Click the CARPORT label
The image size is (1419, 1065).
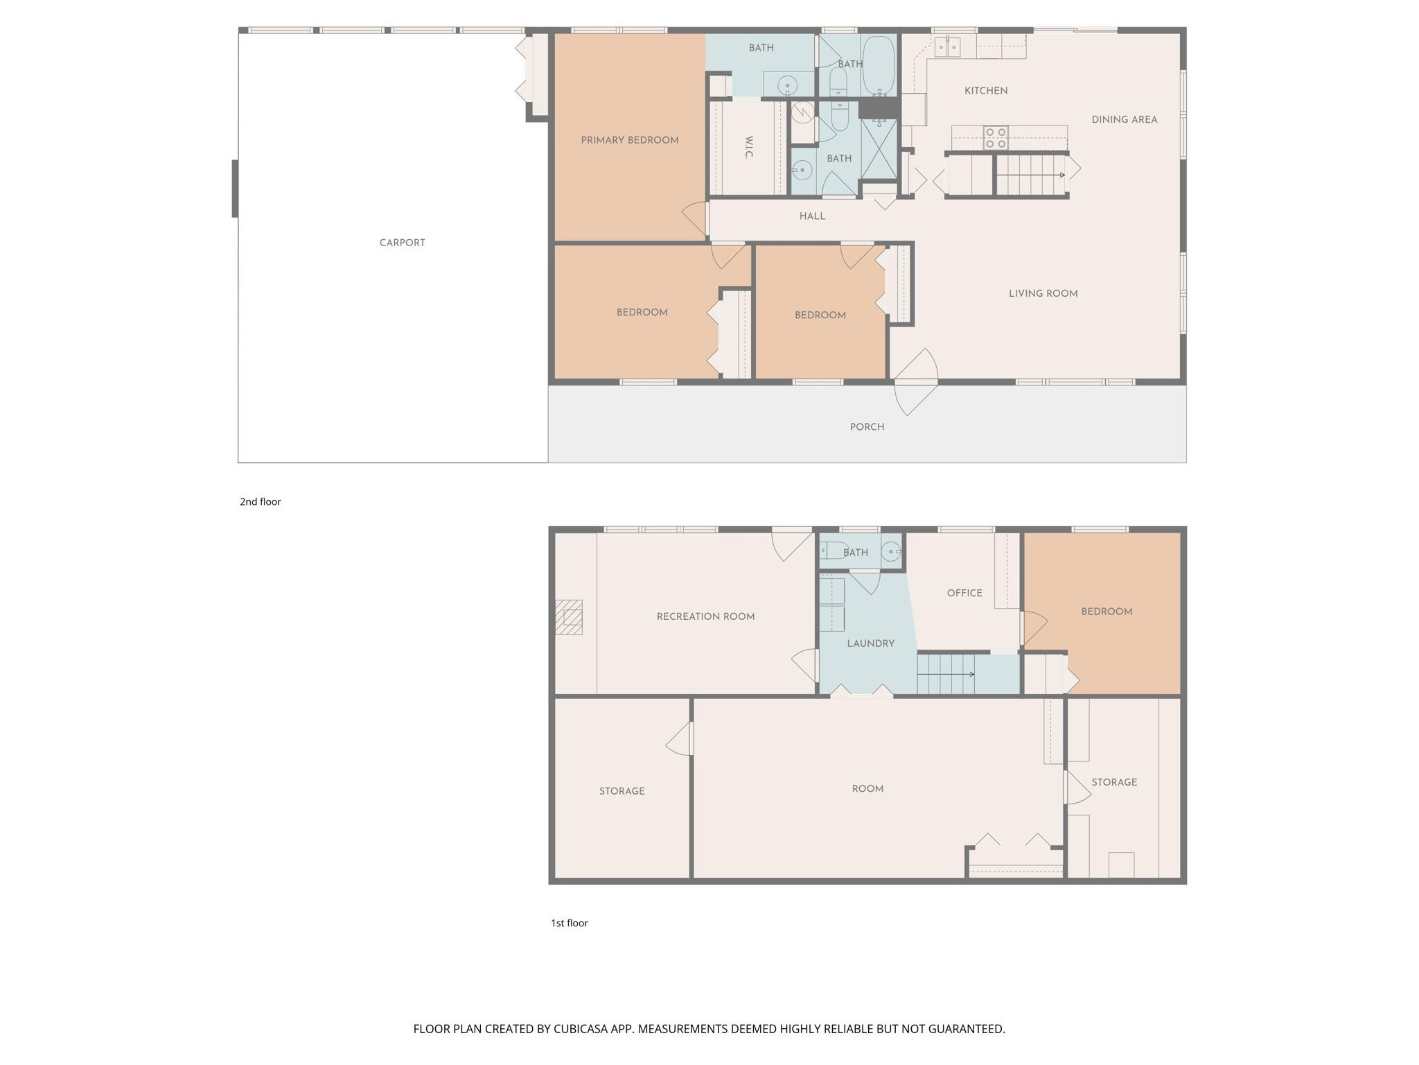click(x=402, y=243)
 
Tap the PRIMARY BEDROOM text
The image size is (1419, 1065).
click(x=629, y=140)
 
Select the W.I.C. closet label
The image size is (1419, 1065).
click(x=749, y=148)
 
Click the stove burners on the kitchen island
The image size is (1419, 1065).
click(x=996, y=138)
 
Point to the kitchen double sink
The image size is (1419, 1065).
click(x=947, y=47)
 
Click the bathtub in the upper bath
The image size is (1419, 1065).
click(x=879, y=65)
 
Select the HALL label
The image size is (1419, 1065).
click(x=812, y=216)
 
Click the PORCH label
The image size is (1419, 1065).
click(x=867, y=427)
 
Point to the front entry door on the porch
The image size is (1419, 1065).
click(x=916, y=382)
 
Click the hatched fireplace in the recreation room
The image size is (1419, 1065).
click(x=569, y=617)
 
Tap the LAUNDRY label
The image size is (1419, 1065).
click(x=870, y=643)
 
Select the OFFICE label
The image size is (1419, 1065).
click(x=964, y=593)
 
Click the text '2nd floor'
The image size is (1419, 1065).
click(x=261, y=502)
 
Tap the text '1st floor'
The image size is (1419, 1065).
click(x=569, y=923)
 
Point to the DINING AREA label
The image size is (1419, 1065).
click(x=1124, y=120)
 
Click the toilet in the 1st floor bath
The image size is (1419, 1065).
click(x=831, y=551)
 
